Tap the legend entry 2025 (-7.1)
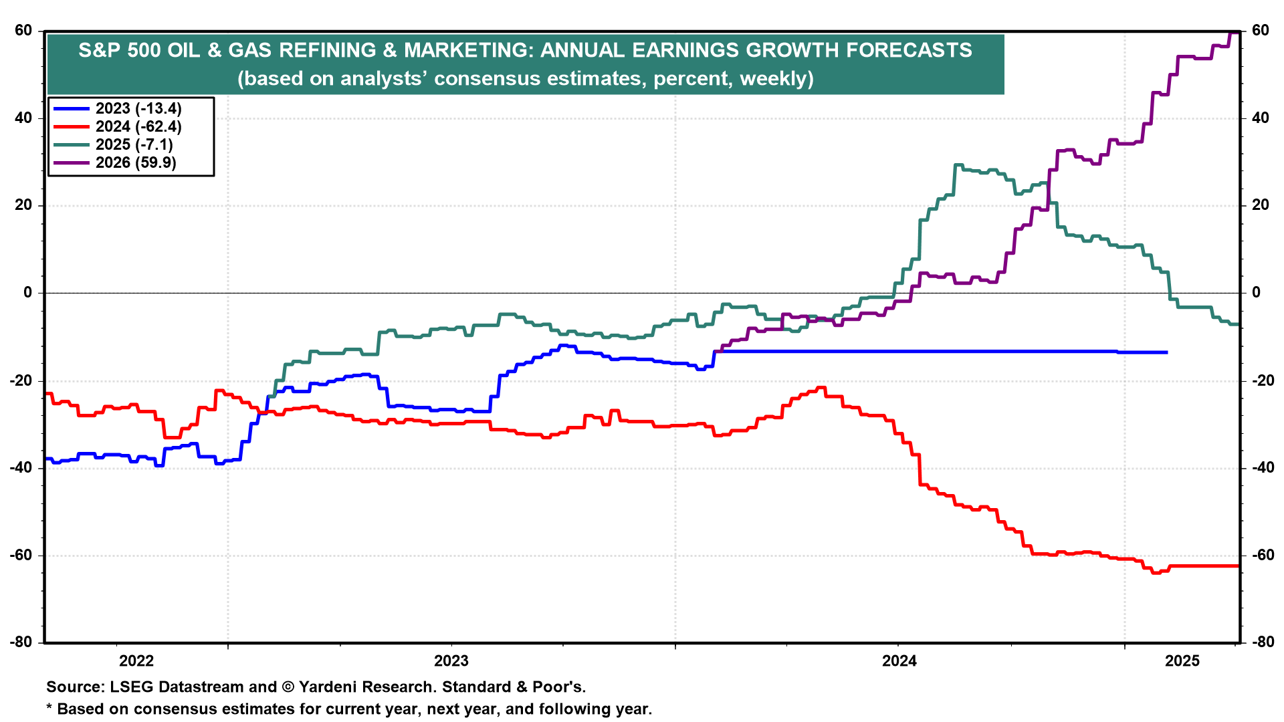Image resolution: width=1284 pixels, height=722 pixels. click(134, 144)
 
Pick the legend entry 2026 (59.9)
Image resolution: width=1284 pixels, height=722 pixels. click(136, 162)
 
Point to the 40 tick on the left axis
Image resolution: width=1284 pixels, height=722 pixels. click(23, 118)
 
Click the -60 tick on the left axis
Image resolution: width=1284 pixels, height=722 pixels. click(21, 556)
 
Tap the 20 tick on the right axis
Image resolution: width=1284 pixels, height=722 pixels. click(1260, 205)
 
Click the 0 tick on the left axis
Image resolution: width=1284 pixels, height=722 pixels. click(27, 293)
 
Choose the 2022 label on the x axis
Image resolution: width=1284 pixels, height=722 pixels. click(136, 661)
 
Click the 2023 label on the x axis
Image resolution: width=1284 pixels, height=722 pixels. click(451, 661)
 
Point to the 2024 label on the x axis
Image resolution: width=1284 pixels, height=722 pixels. click(899, 661)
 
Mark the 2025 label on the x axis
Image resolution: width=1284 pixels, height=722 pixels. click(1182, 661)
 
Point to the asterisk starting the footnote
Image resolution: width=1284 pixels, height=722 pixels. click(49, 707)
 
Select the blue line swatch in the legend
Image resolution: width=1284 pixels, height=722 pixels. click(71, 108)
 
